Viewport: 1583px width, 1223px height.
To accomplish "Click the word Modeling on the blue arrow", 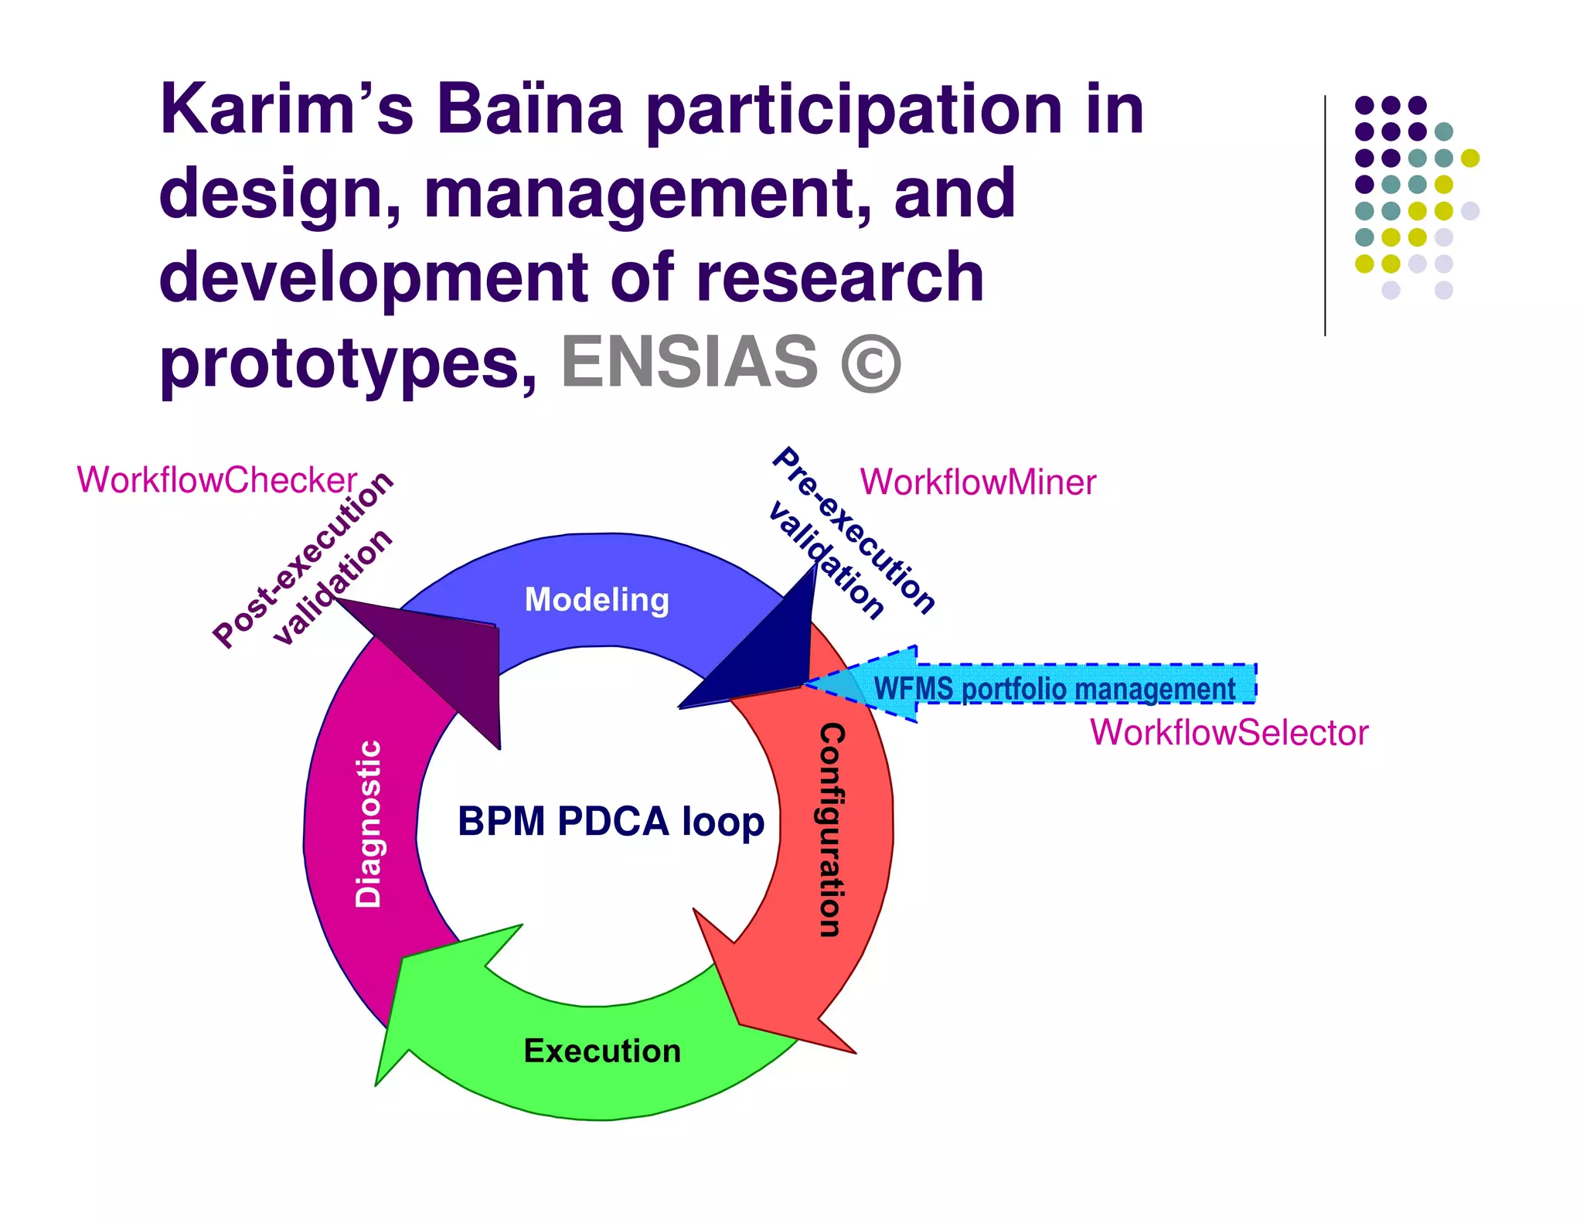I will tap(597, 600).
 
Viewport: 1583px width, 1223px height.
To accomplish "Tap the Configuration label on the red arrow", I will tap(832, 830).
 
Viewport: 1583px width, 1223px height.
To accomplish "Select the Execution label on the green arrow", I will tap(602, 1051).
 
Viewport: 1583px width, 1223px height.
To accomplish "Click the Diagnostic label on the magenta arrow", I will tap(368, 823).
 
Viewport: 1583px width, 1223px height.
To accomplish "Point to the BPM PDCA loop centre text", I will tap(611, 821).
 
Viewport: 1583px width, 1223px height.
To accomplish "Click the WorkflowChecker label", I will tap(216, 480).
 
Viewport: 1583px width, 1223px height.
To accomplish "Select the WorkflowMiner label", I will tap(978, 482).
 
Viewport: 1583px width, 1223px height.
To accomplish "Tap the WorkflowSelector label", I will tap(1229, 732).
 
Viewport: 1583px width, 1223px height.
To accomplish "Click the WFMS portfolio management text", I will tap(1054, 688).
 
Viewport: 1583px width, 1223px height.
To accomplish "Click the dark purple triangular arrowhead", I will tap(456, 665).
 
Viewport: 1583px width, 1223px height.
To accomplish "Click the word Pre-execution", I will tap(854, 530).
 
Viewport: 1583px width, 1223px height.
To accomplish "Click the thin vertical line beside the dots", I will tap(1325, 216).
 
